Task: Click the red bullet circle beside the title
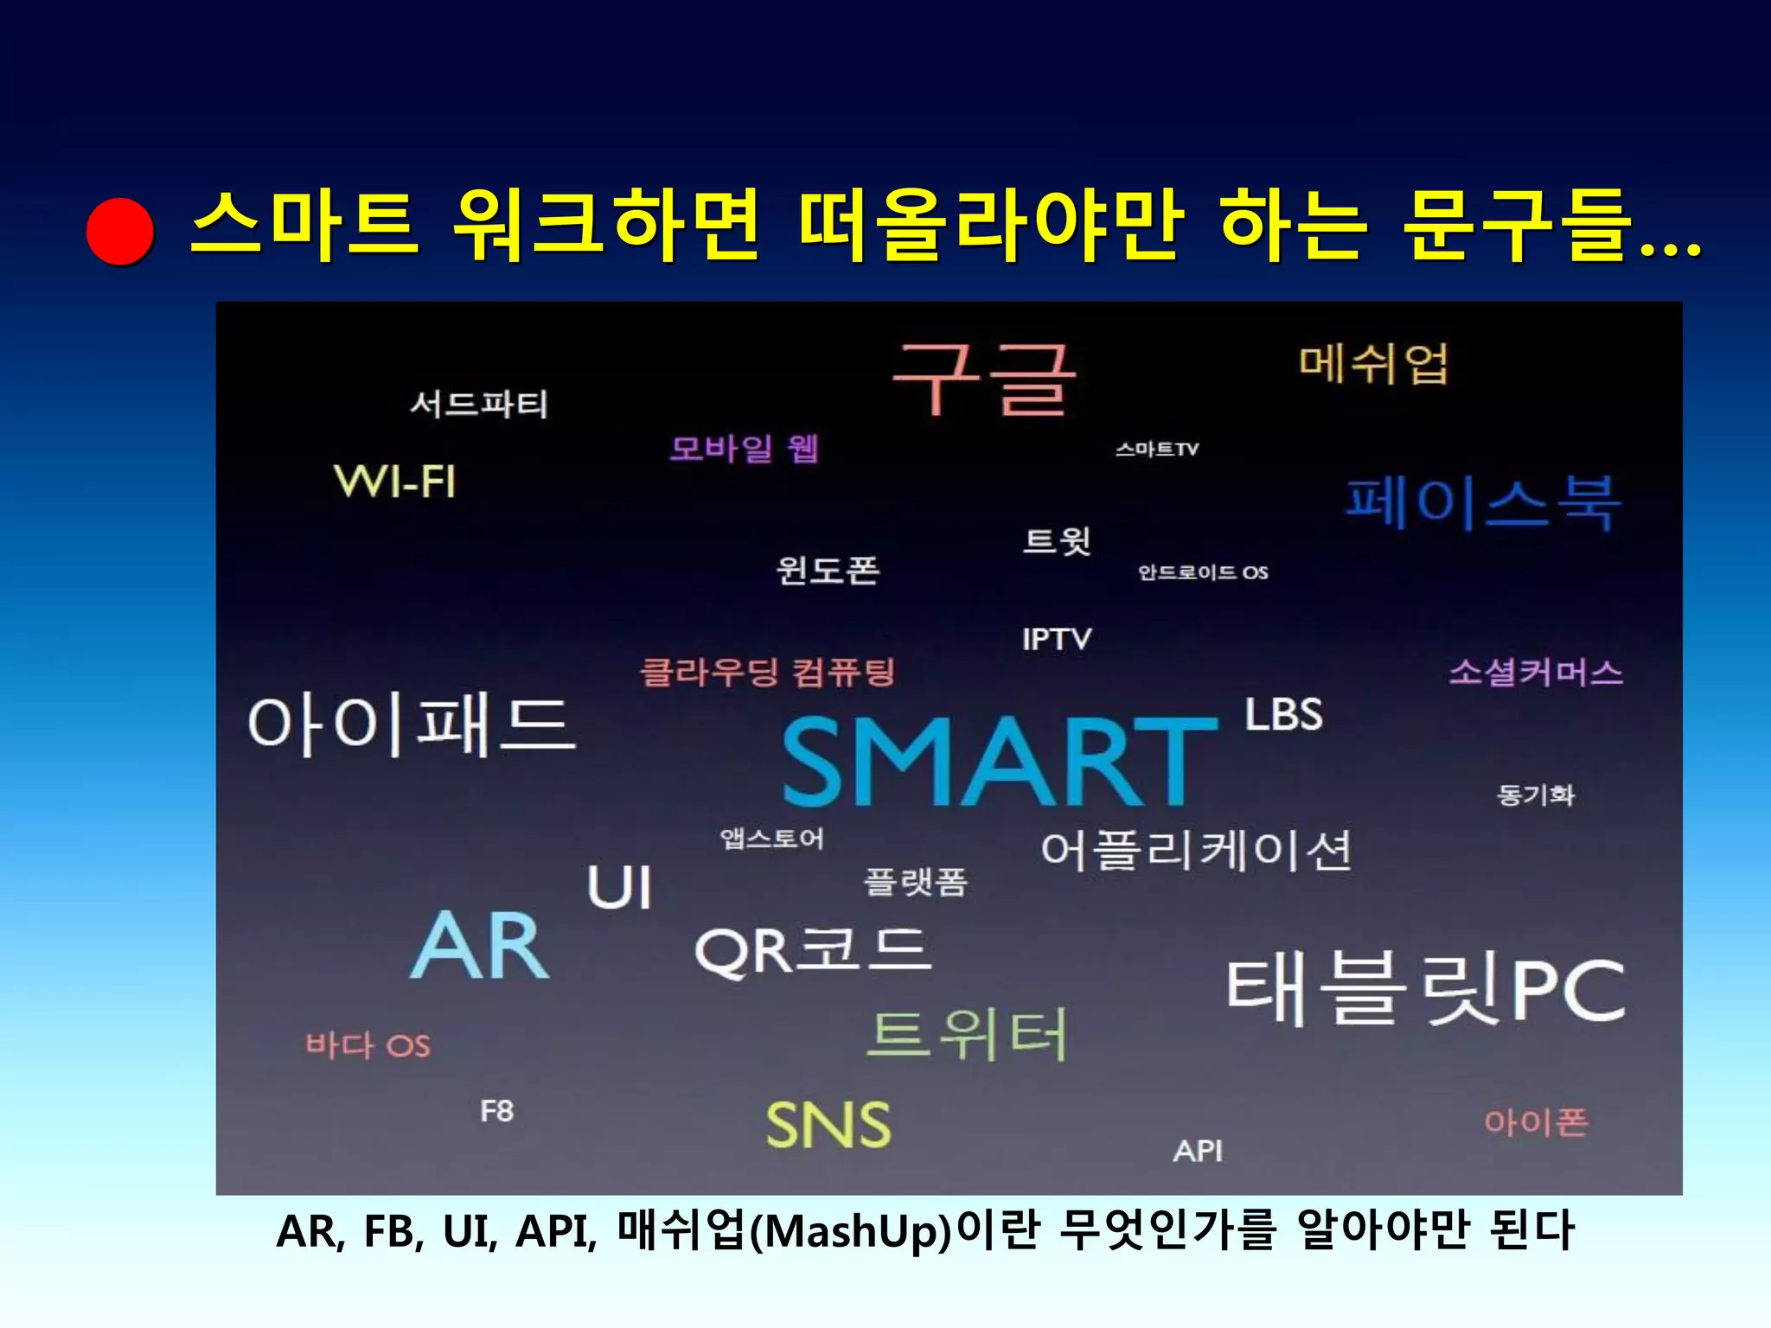(120, 231)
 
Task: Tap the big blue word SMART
(999, 763)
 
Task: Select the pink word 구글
(984, 380)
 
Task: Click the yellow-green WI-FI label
(394, 482)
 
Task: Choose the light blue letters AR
(480, 946)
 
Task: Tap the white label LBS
(1283, 715)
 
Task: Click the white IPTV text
(1057, 640)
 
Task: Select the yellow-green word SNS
(828, 1125)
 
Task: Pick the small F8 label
(497, 1111)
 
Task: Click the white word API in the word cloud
(1198, 1151)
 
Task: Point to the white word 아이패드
(411, 725)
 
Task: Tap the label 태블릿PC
(1426, 989)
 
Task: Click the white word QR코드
(814, 951)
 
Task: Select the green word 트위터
(968, 1035)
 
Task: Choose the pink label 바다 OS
(368, 1045)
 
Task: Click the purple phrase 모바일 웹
(744, 449)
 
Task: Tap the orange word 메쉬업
(1373, 364)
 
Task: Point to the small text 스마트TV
(1157, 450)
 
